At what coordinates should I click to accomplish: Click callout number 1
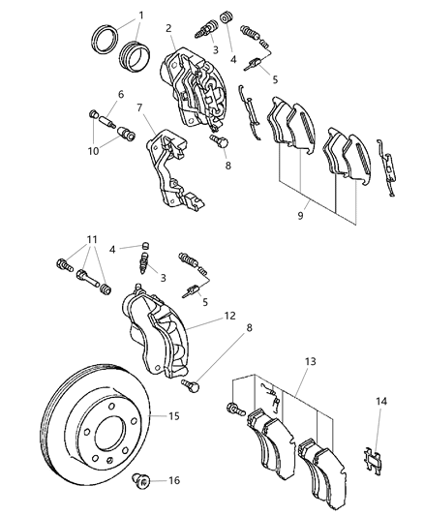[x=140, y=16]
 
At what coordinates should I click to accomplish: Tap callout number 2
[x=168, y=29]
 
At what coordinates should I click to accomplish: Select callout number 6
[x=121, y=94]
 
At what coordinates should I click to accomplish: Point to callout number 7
[x=138, y=108]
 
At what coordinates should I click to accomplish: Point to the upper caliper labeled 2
[x=194, y=92]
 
